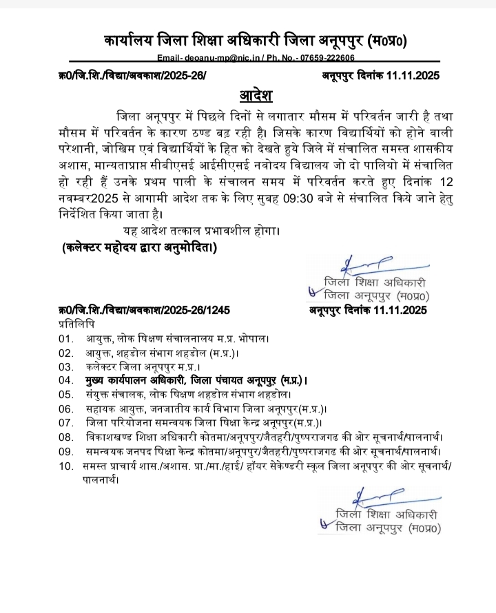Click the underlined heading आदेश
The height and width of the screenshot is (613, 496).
point(247,93)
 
